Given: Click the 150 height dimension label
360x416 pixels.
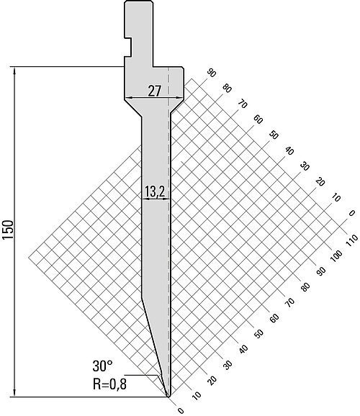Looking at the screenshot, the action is pos(8,230).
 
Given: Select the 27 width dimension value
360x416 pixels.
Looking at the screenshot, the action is pos(154,91).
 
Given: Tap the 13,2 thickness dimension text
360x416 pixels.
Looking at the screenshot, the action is pos(155,191).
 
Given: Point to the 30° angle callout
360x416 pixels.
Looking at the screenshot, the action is pos(102,366).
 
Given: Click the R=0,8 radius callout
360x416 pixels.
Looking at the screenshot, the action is pos(109,384).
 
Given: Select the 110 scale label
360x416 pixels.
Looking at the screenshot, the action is pos(352,241).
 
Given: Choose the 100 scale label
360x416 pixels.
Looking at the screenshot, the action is pos(336,256).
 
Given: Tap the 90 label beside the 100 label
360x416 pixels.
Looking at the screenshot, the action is pos(321,271).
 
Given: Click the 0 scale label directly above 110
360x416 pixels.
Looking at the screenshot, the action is pos(352,213).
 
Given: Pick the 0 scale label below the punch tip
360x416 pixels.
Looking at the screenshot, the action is pos(181,411).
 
